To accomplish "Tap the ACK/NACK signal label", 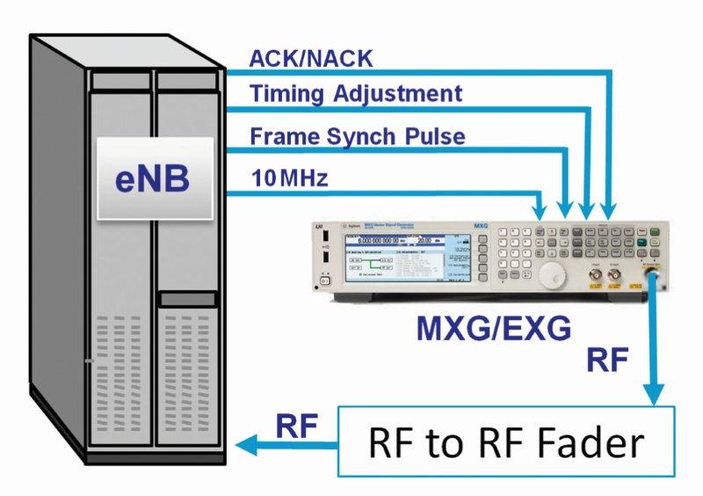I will click(311, 59).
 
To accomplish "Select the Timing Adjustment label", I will click(355, 93).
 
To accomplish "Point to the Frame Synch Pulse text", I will click(358, 136).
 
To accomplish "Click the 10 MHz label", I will click(289, 179).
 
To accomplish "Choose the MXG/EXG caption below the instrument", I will click(495, 330).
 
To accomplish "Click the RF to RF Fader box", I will click(506, 442).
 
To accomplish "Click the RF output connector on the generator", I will click(653, 276).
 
